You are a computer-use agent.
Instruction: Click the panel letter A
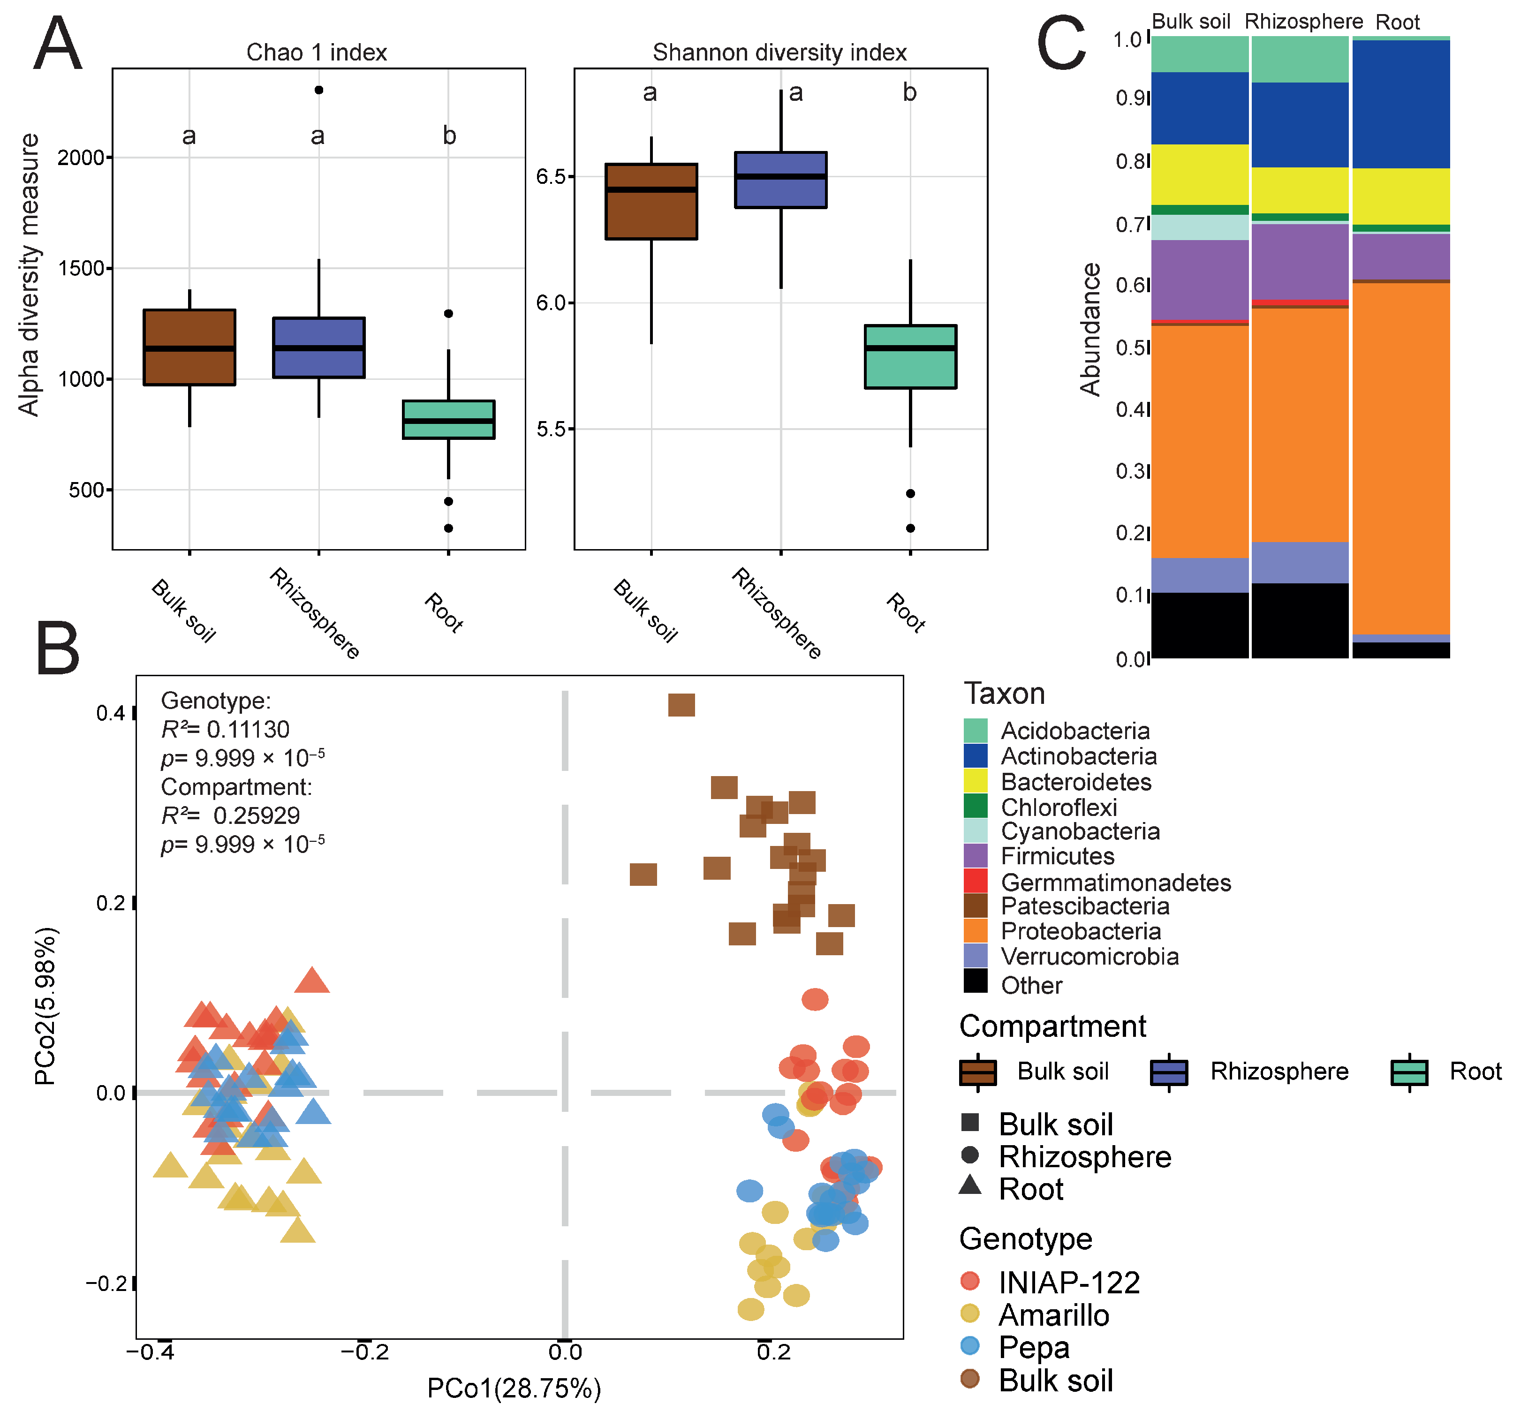57,44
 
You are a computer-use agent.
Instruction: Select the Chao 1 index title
317,53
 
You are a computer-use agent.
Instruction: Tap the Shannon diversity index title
779,53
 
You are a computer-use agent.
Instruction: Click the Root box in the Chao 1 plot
448,419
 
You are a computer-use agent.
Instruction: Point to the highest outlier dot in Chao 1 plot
319,90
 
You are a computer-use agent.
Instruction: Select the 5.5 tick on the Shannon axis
552,429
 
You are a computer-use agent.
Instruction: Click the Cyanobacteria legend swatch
975,831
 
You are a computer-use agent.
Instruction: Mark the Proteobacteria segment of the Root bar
1400,457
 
